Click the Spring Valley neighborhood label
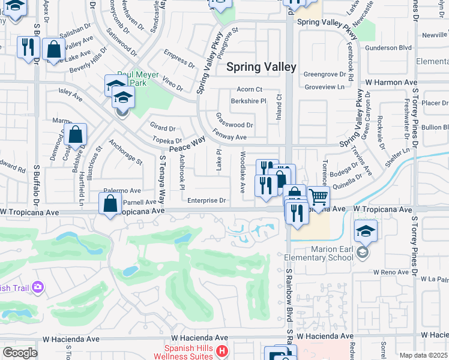point(261,67)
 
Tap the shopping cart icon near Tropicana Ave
point(318,196)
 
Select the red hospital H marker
point(222,350)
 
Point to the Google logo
point(20,353)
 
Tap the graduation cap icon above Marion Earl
point(365,230)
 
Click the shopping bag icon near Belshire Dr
point(76,134)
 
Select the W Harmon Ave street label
point(391,82)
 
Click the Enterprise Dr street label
point(206,200)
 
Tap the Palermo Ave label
point(122,190)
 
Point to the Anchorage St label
point(125,152)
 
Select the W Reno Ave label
point(390,272)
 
